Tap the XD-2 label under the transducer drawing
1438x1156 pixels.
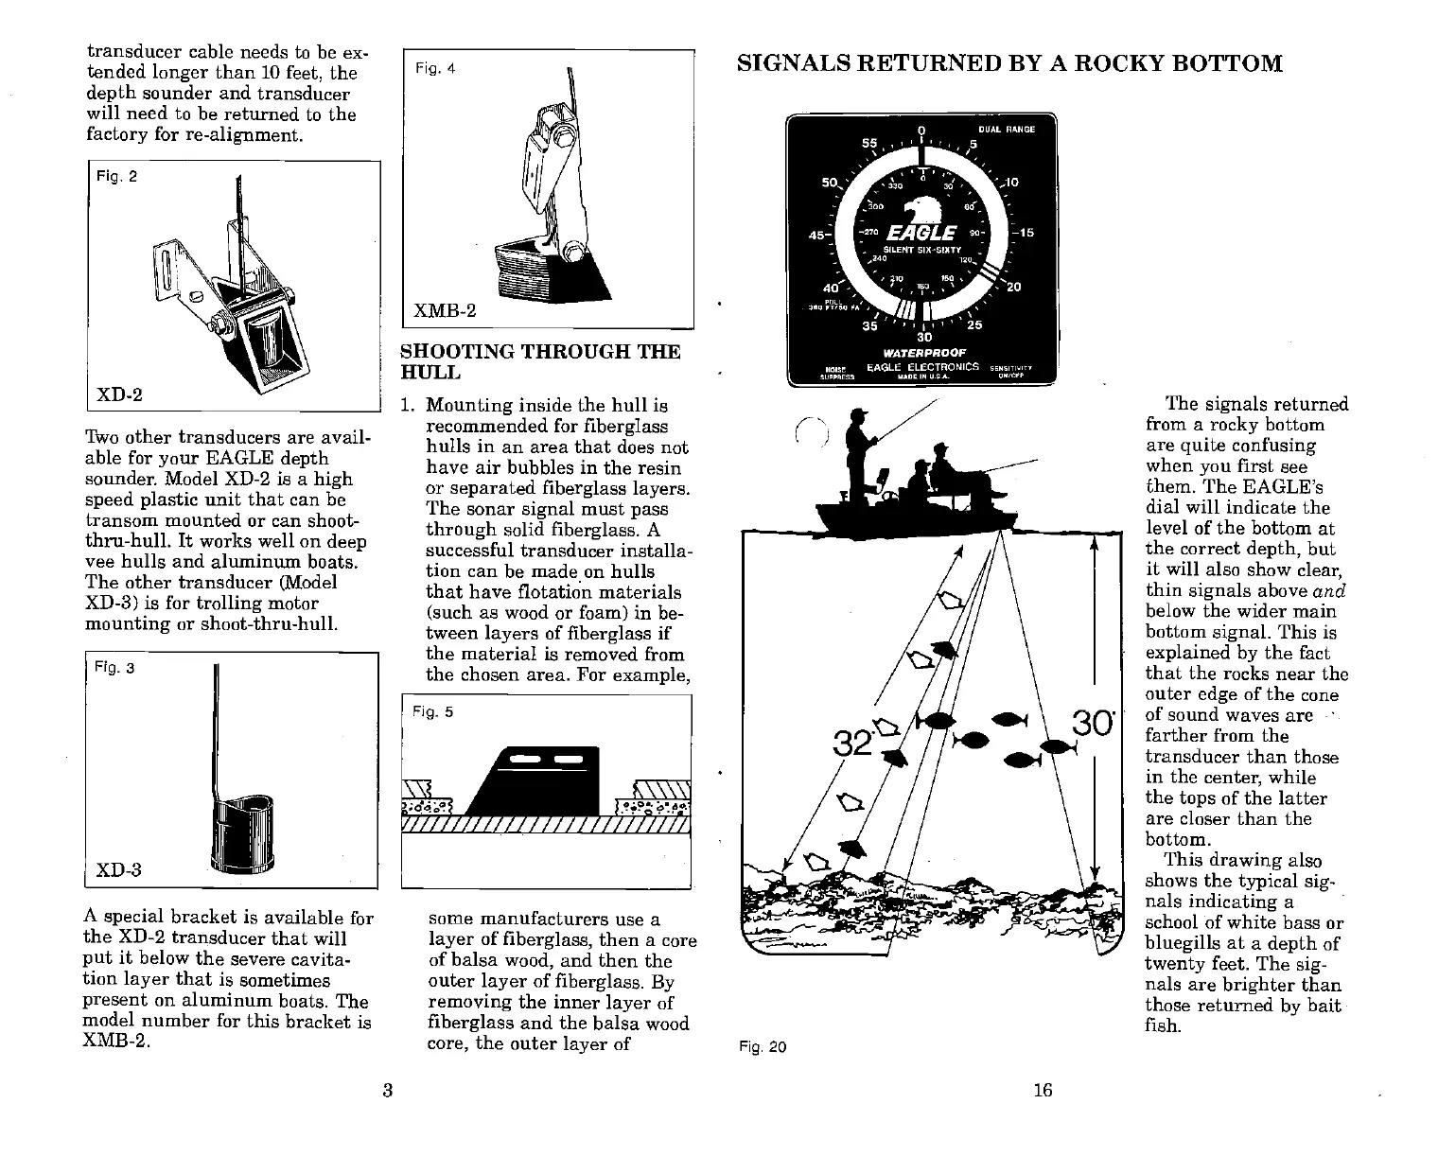[119, 394]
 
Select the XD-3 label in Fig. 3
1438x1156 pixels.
[118, 869]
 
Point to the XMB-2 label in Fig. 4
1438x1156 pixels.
[447, 311]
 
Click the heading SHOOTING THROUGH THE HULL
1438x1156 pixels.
[540, 361]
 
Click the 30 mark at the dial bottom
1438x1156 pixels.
[924, 337]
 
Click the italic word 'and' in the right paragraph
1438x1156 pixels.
[1328, 591]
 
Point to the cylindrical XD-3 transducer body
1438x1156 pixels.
[244, 832]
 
